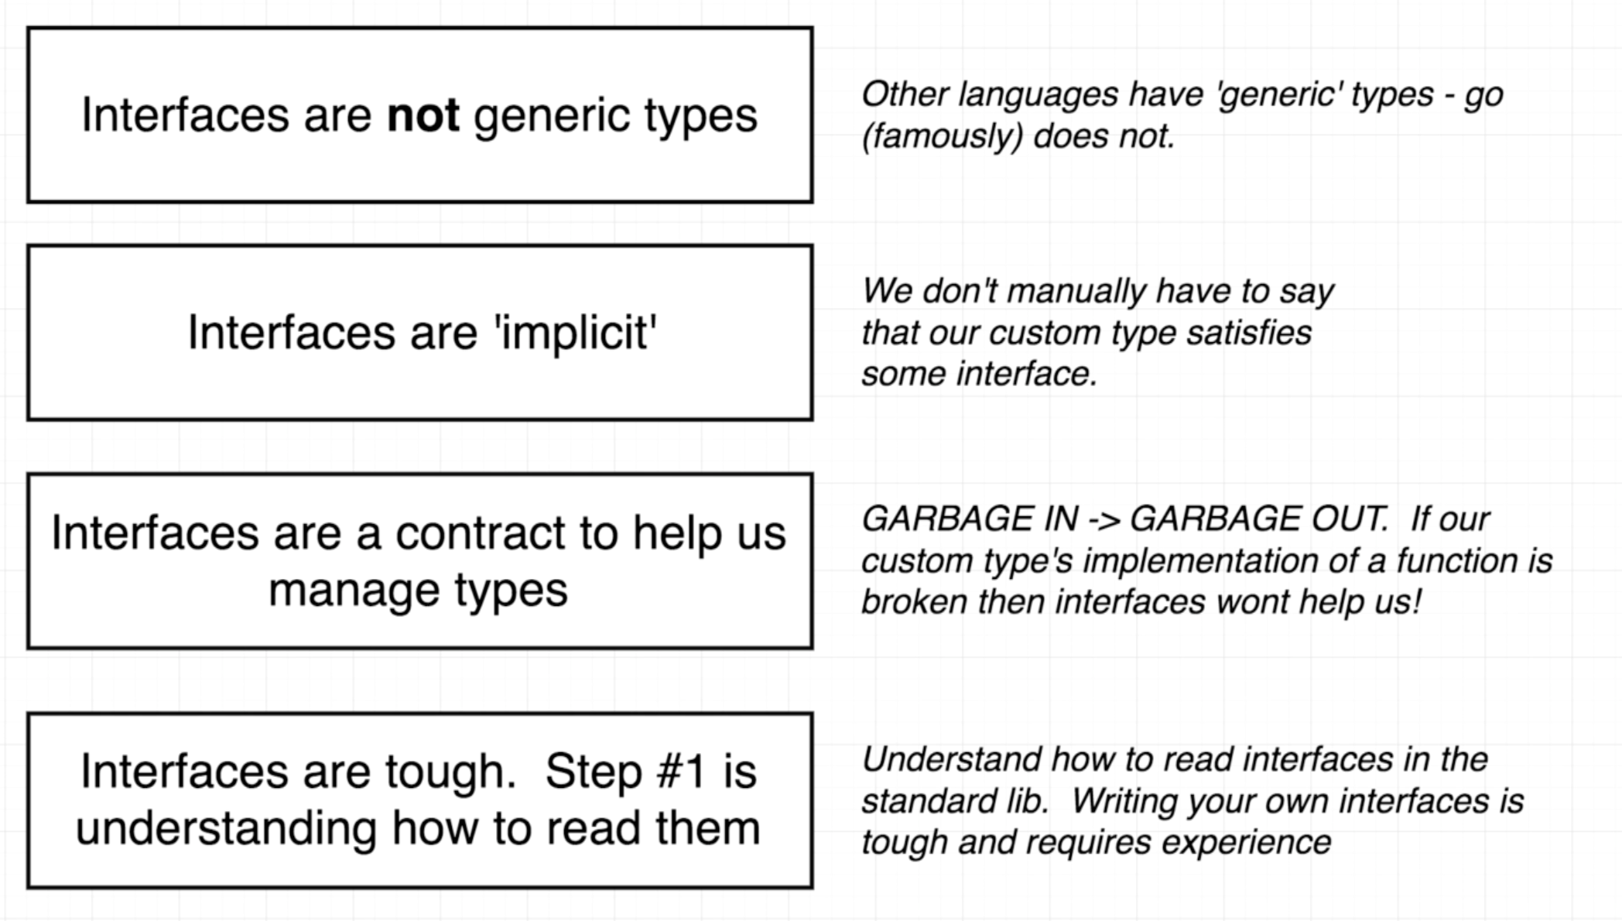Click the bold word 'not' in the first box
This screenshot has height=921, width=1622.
pyautogui.click(x=423, y=116)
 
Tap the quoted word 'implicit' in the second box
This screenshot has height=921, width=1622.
pyautogui.click(x=576, y=334)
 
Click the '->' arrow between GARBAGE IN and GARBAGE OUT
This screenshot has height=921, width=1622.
pyautogui.click(x=1104, y=519)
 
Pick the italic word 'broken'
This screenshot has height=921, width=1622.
pyautogui.click(x=914, y=602)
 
